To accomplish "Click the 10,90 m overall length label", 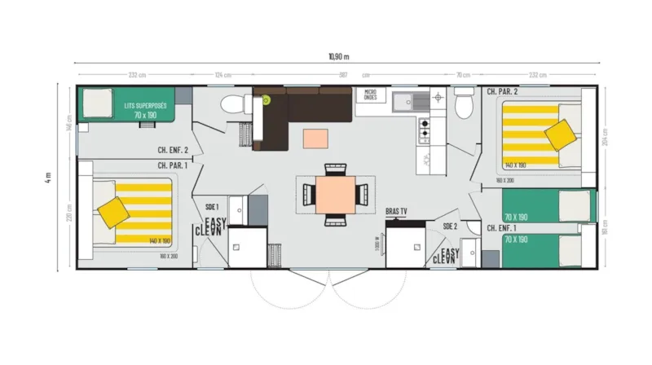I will [338, 56].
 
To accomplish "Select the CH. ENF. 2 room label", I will [173, 150].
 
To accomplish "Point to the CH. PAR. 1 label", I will [173, 165].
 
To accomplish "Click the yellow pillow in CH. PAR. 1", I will [113, 213].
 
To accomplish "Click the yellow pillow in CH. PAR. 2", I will [559, 134].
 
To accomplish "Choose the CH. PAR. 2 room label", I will [502, 92].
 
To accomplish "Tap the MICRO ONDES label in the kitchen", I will [370, 96].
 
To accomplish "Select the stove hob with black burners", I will [424, 128].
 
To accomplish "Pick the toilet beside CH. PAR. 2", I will [464, 105].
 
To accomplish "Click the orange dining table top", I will [335, 193].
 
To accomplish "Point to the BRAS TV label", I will [396, 211].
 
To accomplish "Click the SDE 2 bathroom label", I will [450, 226].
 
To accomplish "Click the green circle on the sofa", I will [266, 100].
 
